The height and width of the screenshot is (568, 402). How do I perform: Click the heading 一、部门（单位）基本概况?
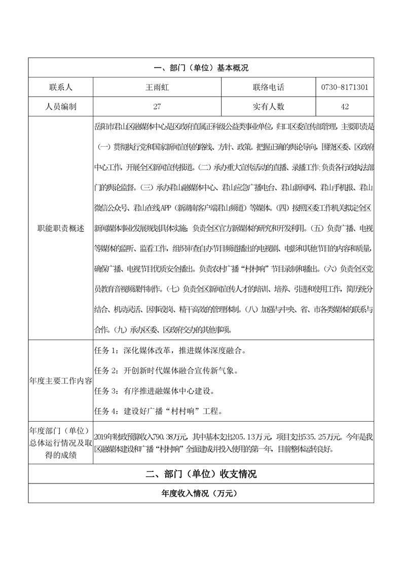coord(201,67)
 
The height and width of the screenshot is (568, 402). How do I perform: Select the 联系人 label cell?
coord(60,87)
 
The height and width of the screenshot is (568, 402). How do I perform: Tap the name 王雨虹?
coord(157,87)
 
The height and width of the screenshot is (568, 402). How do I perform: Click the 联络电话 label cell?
coord(269,87)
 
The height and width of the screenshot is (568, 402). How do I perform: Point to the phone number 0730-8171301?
coord(345,87)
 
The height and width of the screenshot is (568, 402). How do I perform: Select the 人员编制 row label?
coord(60,107)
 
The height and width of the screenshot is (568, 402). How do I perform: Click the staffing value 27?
coord(157,107)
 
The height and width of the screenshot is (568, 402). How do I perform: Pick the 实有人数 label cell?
coord(269,107)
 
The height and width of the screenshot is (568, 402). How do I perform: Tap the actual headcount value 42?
coord(345,107)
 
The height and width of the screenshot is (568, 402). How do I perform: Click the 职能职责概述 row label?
coord(60,228)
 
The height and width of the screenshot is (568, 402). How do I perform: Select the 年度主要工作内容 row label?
coord(60,380)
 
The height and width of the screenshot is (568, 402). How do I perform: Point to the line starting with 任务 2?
coord(166,370)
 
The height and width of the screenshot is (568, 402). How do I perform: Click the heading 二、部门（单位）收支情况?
coord(201,474)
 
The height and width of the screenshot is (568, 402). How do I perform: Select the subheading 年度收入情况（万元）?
coord(201,494)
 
